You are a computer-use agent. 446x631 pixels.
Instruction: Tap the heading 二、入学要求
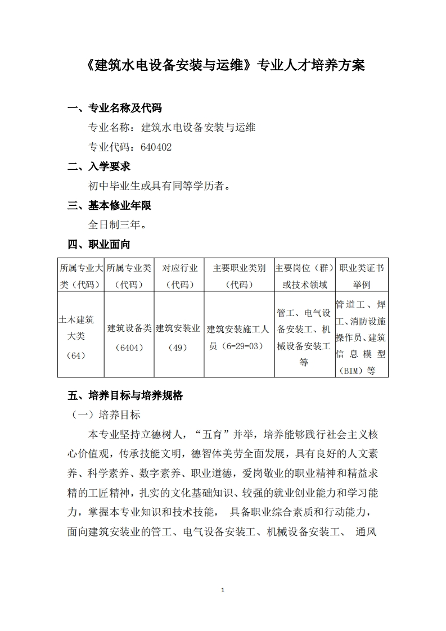(99, 166)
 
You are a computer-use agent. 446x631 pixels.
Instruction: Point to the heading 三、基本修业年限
(110, 205)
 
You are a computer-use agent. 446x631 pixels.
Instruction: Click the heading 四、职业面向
(99, 244)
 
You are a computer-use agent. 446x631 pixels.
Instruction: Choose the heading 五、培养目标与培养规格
(125, 395)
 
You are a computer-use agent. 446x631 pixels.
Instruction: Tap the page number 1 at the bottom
(223, 590)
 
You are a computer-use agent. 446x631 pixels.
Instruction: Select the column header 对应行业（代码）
(179, 276)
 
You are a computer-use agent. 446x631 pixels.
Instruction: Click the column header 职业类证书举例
(362, 276)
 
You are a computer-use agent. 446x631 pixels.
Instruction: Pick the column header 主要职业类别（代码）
(239, 276)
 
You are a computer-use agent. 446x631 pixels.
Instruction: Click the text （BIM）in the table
(350, 371)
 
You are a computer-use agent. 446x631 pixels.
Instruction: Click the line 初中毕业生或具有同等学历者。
(160, 186)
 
